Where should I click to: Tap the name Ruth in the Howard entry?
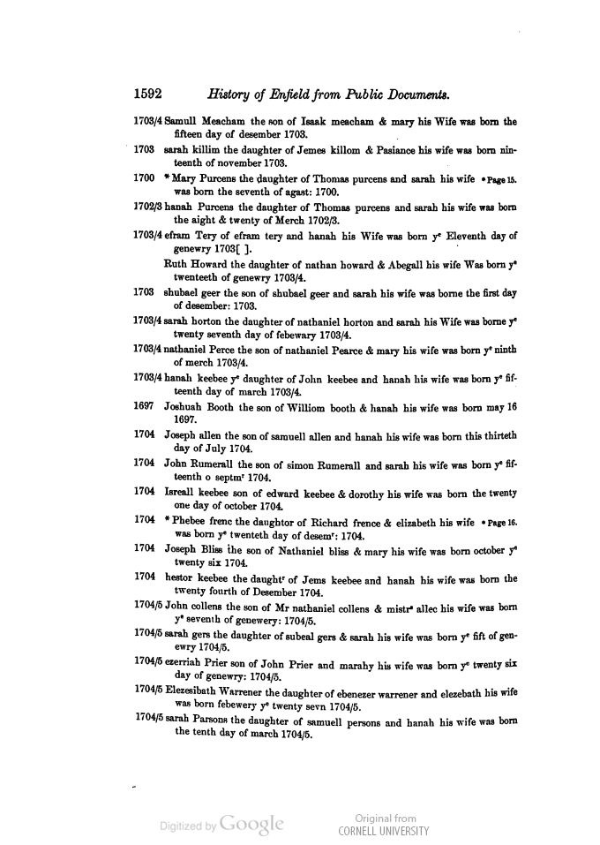(x=181, y=262)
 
